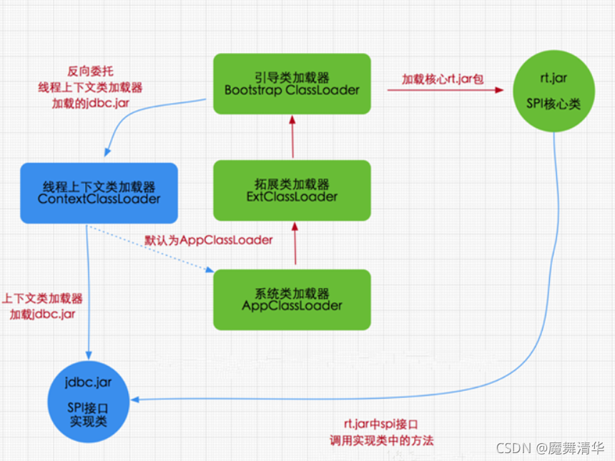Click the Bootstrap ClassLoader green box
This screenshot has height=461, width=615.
[x=292, y=84]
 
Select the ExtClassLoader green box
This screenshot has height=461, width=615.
[x=292, y=189]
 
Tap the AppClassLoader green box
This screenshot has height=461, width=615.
[x=292, y=299]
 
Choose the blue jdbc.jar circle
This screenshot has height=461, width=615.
[x=88, y=403]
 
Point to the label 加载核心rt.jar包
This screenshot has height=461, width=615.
[x=443, y=79]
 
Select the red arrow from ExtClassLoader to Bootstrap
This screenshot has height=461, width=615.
[x=292, y=137]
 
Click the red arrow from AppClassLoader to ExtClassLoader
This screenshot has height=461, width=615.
[x=292, y=244]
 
